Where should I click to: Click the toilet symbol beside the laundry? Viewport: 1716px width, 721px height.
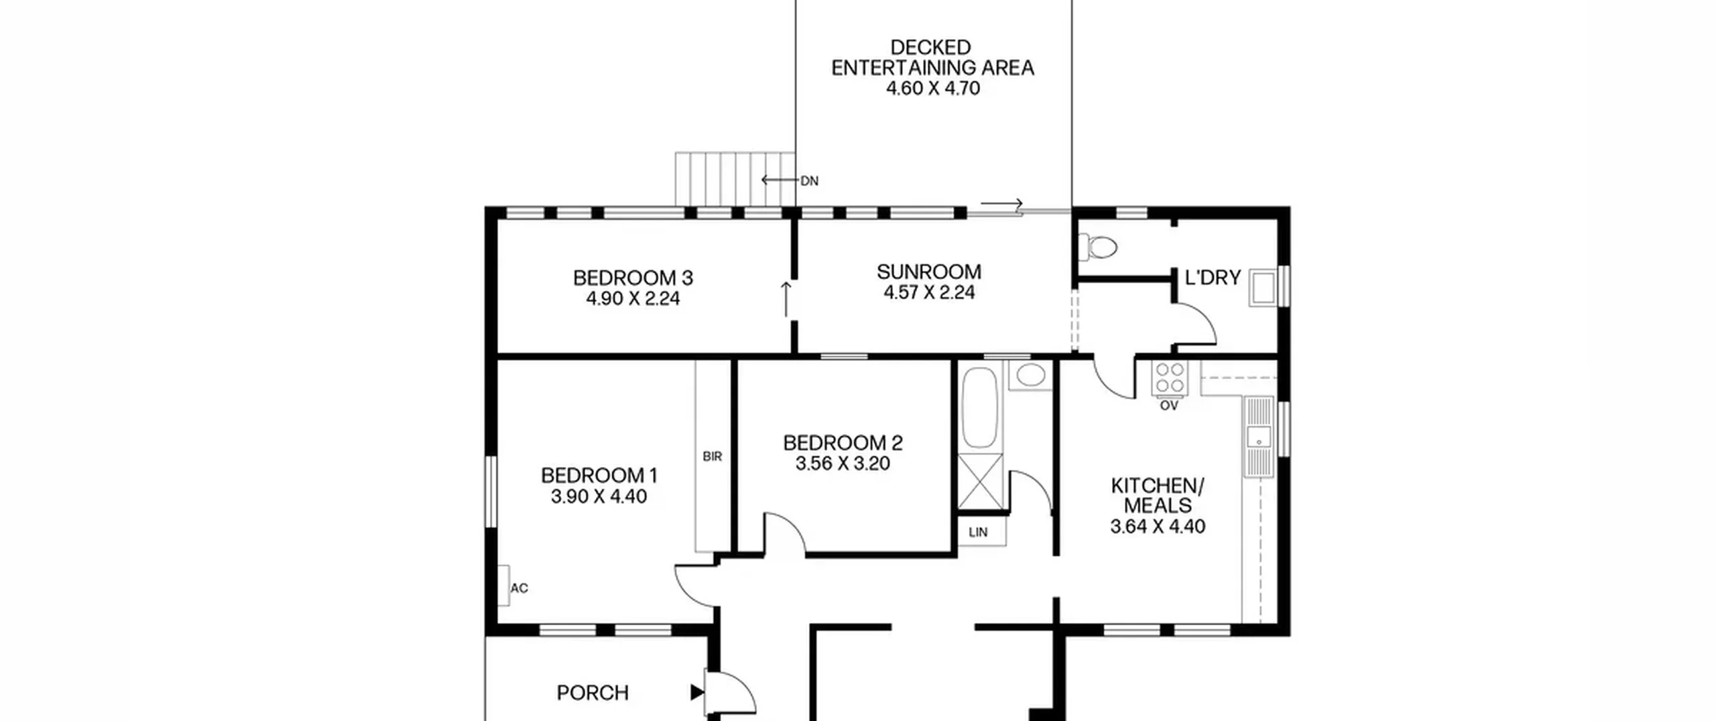(x=1097, y=247)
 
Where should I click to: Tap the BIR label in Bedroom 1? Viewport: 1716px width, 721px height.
(x=712, y=457)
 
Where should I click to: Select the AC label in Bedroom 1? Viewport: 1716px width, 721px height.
(x=519, y=588)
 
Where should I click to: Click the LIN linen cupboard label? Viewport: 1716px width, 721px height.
(x=978, y=533)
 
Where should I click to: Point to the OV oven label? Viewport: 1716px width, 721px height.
(x=1169, y=406)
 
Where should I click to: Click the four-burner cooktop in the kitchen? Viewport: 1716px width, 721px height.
(x=1170, y=378)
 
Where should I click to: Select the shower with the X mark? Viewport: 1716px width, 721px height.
(x=981, y=482)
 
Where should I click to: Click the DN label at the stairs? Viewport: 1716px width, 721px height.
(x=809, y=181)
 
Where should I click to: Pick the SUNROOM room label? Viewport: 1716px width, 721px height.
(x=928, y=272)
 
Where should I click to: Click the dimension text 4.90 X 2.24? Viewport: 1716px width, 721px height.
(x=633, y=298)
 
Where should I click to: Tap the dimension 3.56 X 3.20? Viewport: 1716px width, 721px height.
(x=843, y=463)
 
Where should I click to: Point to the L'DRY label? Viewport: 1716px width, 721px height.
(x=1213, y=278)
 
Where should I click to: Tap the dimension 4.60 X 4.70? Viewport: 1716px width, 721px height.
(x=932, y=89)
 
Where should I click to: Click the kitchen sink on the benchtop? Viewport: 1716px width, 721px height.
(x=1259, y=437)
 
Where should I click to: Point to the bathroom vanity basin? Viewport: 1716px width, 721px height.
(x=1030, y=375)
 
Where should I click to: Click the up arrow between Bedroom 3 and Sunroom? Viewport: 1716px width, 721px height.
(x=786, y=299)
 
